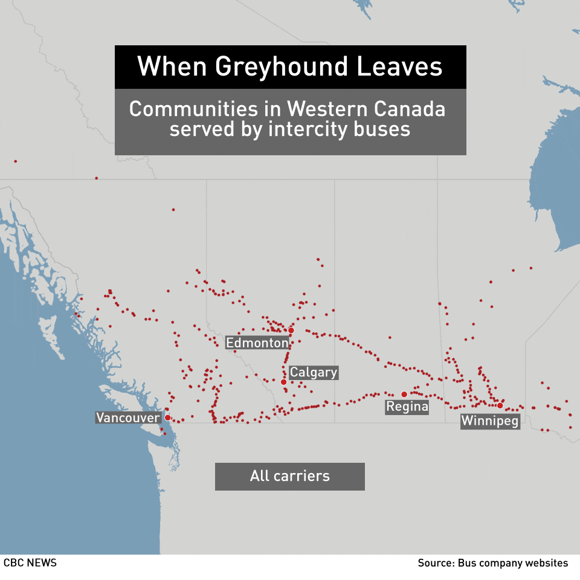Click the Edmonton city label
click(257, 343)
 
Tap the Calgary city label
click(313, 372)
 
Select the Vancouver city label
click(128, 417)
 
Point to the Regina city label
click(407, 407)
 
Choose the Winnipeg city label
click(490, 421)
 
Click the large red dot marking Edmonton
click(291, 330)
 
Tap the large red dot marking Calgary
click(283, 382)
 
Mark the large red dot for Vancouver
click(167, 417)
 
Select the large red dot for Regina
click(404, 394)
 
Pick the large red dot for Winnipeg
click(500, 405)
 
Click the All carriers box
click(290, 476)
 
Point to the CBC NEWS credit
click(30, 562)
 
